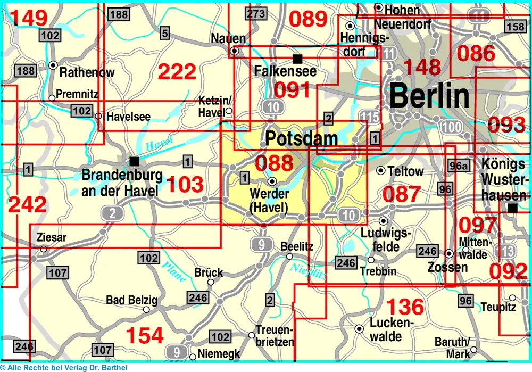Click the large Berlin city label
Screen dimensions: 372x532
(x=430, y=96)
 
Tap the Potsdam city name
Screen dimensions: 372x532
(x=301, y=139)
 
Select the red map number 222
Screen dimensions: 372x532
(x=178, y=72)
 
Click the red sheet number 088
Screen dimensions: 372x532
(x=274, y=163)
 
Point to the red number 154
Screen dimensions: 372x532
(x=144, y=335)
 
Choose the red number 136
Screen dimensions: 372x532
(x=405, y=307)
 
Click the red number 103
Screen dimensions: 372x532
(x=185, y=185)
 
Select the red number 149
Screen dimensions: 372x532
(x=29, y=18)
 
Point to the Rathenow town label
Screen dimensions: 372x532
(x=87, y=72)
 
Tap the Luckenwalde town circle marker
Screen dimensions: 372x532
(x=359, y=329)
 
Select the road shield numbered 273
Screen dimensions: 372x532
(x=255, y=13)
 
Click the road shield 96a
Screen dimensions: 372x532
(x=459, y=166)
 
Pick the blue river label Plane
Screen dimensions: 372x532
(x=174, y=272)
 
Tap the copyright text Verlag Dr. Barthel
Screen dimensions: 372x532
(x=63, y=367)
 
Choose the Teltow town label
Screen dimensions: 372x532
(x=406, y=171)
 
